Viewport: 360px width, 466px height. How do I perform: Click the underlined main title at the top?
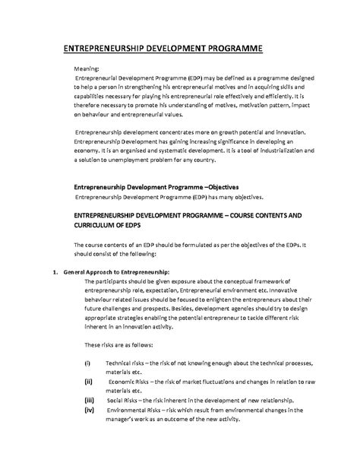click(162, 49)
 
